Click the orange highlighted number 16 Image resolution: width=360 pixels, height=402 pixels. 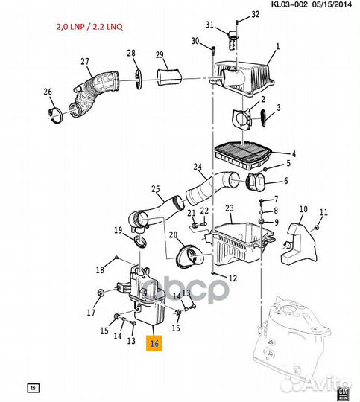154,343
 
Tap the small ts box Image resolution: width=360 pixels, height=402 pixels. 33,388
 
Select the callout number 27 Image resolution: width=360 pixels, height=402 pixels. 85,62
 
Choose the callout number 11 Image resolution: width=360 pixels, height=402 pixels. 323,213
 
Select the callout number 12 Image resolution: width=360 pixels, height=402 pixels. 233,278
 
